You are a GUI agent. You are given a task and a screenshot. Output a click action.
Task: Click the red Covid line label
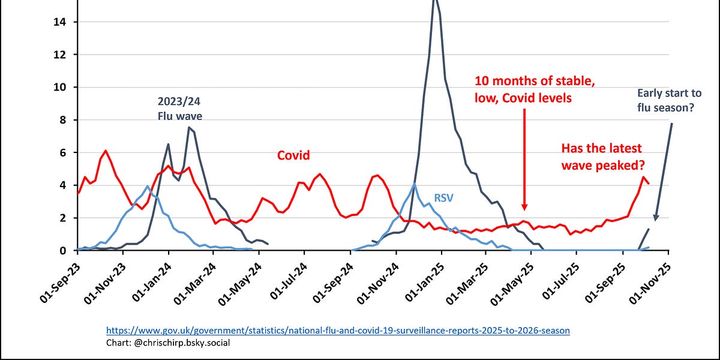(x=293, y=155)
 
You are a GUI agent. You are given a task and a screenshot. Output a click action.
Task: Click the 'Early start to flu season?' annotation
(x=669, y=101)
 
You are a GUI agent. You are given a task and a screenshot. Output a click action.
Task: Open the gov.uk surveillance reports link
(x=338, y=330)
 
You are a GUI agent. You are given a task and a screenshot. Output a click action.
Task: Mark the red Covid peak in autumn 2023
(x=106, y=151)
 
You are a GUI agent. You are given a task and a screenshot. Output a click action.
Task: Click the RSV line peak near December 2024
(x=414, y=184)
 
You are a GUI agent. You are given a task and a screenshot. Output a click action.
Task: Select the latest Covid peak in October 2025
(x=643, y=177)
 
